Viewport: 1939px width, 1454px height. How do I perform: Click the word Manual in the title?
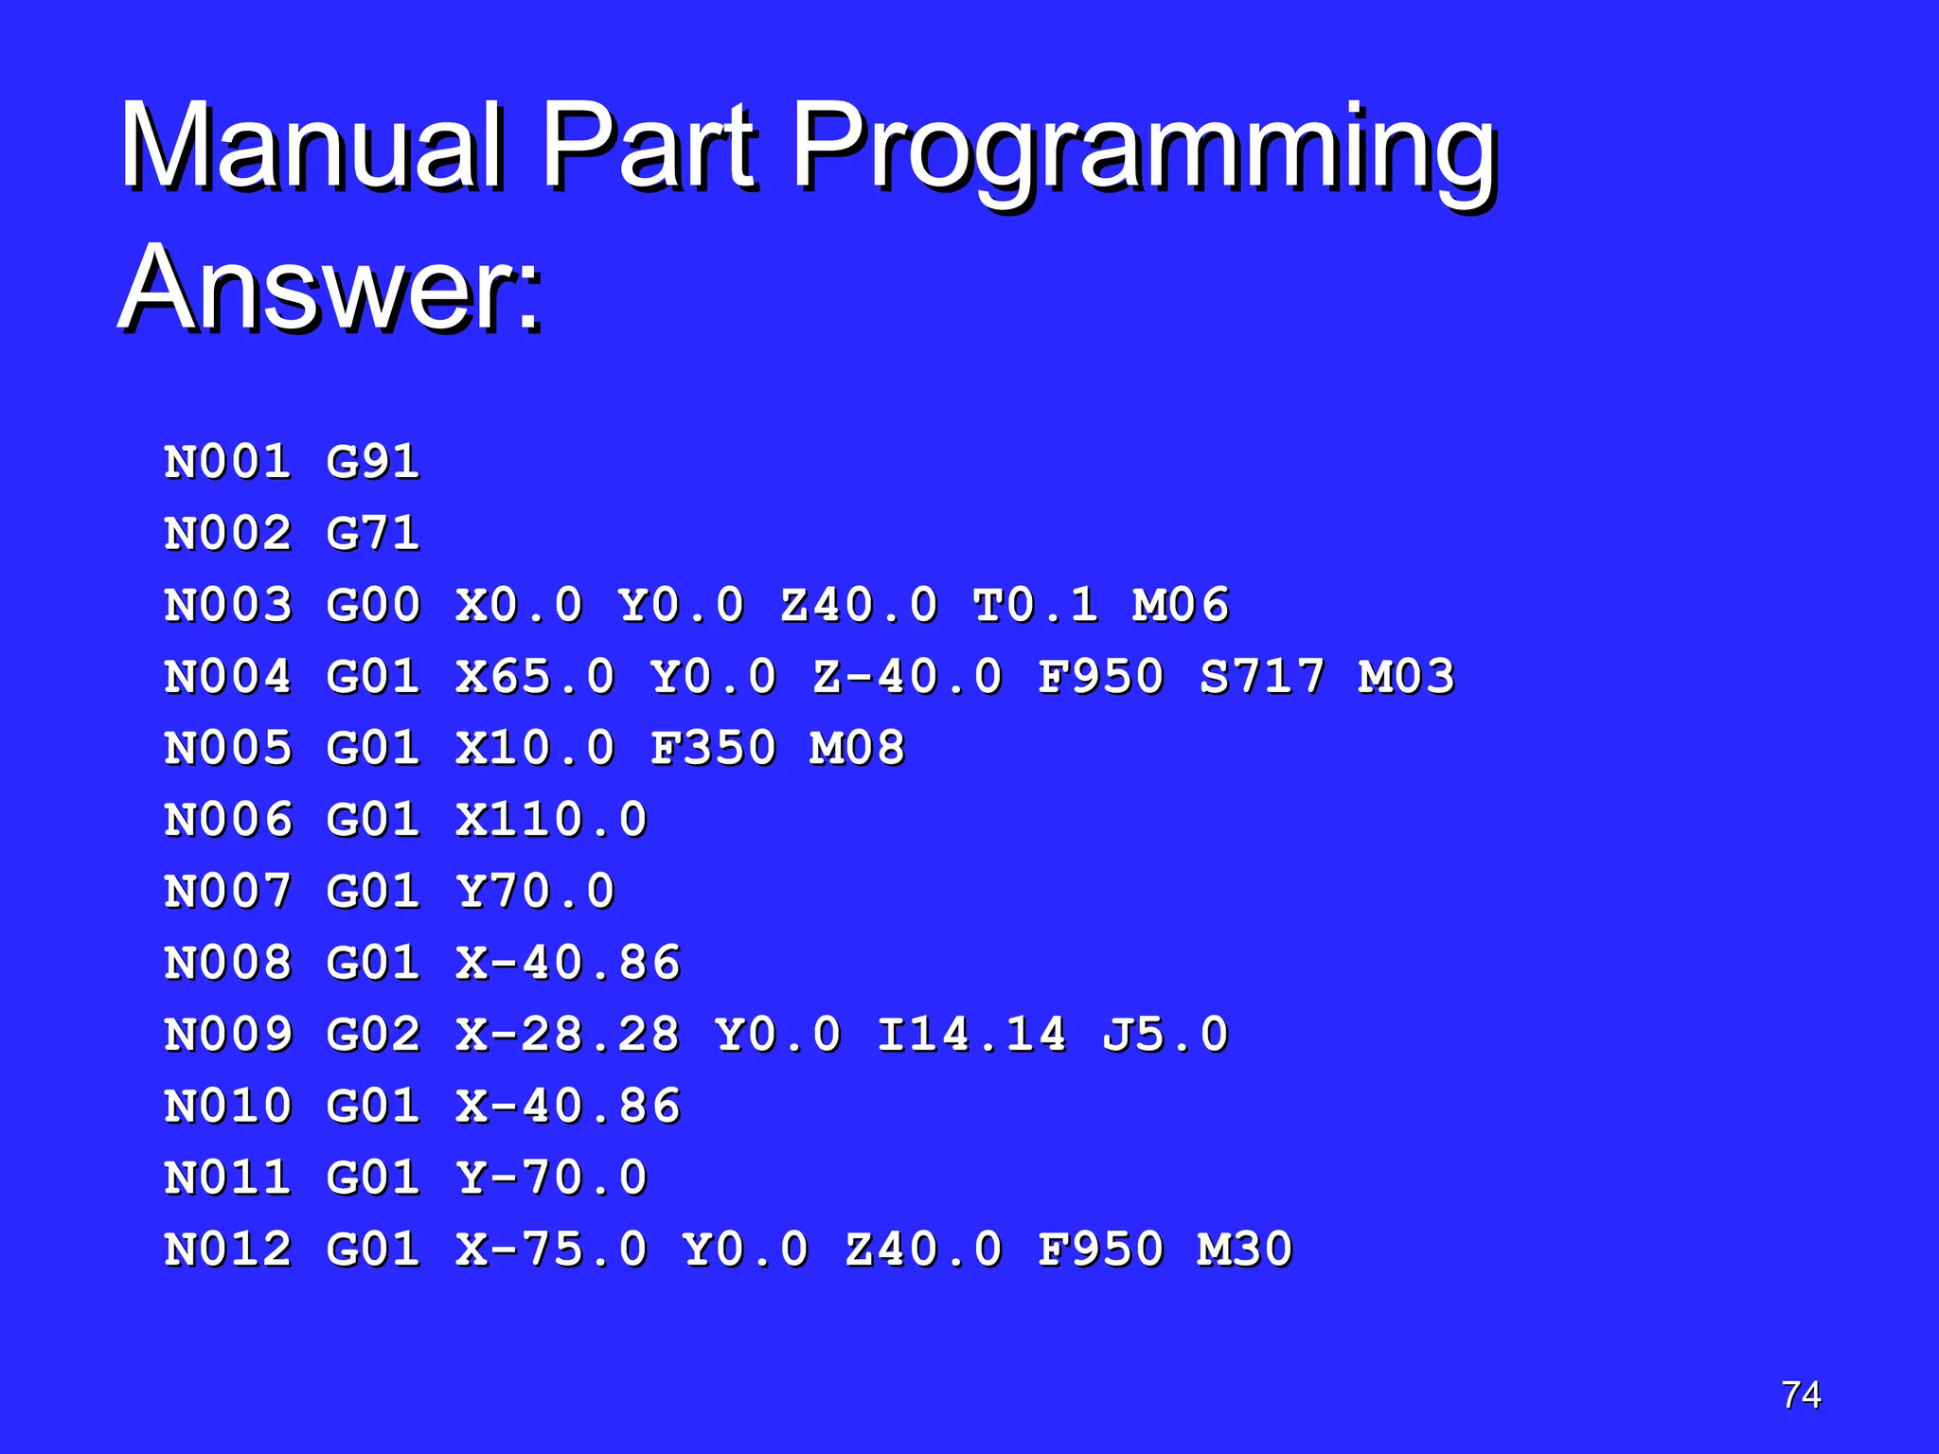point(311,147)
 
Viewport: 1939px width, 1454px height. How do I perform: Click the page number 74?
point(1801,1395)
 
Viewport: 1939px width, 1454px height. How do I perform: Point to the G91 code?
point(373,462)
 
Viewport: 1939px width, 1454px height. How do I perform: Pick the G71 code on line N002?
point(373,534)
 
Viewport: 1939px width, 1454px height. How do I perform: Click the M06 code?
point(1181,606)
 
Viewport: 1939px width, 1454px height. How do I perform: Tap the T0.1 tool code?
point(1036,606)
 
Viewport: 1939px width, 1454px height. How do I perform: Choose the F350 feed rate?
point(713,749)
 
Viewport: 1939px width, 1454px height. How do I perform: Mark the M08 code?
point(857,749)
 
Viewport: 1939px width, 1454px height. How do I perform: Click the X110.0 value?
point(552,821)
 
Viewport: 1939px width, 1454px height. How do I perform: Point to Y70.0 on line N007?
point(536,892)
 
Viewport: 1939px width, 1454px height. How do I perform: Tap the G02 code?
point(373,1035)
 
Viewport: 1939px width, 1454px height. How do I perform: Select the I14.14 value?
point(972,1035)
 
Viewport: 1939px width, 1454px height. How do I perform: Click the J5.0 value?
point(1165,1035)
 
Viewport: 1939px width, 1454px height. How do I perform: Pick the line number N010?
point(228,1107)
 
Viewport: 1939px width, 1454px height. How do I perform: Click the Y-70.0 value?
point(552,1179)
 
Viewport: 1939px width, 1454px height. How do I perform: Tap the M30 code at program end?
point(1245,1250)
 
